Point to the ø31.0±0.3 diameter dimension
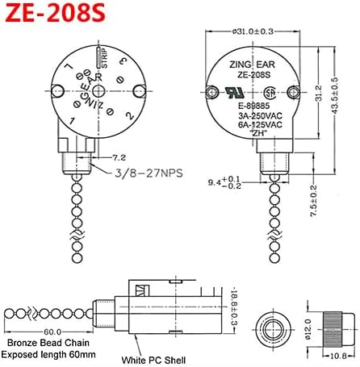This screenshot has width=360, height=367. (253, 32)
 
